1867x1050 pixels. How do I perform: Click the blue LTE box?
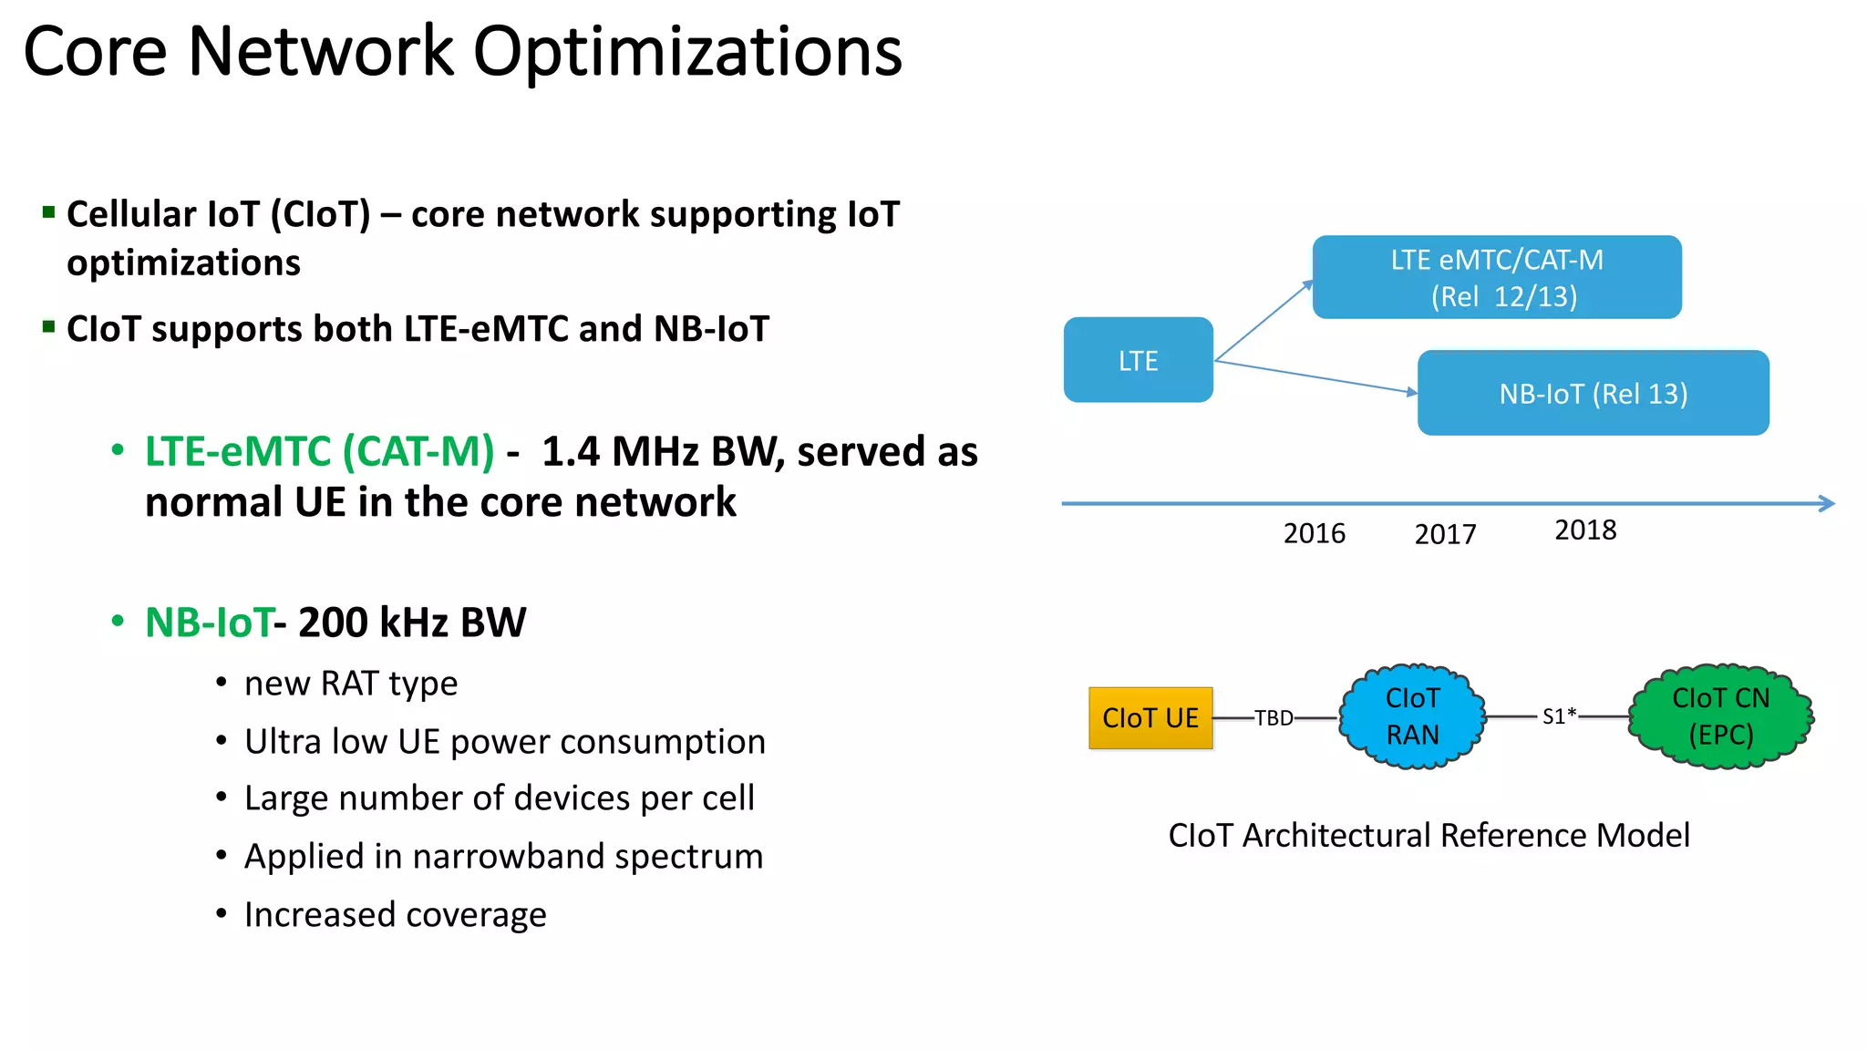pyautogui.click(x=1138, y=360)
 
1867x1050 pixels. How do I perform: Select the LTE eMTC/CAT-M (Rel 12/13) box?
pyautogui.click(x=1496, y=277)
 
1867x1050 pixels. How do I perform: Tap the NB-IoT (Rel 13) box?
pyautogui.click(x=1593, y=393)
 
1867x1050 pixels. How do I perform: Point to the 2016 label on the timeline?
pyautogui.click(x=1314, y=533)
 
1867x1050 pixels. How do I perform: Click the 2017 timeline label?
pyautogui.click(x=1445, y=534)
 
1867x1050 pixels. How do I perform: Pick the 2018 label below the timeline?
pyautogui.click(x=1585, y=530)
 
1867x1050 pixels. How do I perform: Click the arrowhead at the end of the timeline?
pyautogui.click(x=1826, y=503)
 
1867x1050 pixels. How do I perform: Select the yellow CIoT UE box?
pyautogui.click(x=1150, y=718)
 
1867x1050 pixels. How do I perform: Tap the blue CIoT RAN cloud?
pyautogui.click(x=1412, y=716)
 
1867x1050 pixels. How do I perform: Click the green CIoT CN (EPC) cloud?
pyautogui.click(x=1720, y=716)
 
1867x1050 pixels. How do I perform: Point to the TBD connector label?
pyautogui.click(x=1274, y=718)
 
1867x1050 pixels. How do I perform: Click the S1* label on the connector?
pyautogui.click(x=1559, y=716)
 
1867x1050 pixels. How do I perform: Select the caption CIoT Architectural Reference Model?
pyautogui.click(x=1429, y=835)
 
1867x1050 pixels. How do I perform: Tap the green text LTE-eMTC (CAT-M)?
pyautogui.click(x=319, y=451)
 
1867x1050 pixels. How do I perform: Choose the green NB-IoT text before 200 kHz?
pyautogui.click(x=209, y=623)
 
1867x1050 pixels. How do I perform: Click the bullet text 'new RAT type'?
pyautogui.click(x=351, y=684)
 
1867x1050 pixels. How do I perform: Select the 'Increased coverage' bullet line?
pyautogui.click(x=395, y=914)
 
